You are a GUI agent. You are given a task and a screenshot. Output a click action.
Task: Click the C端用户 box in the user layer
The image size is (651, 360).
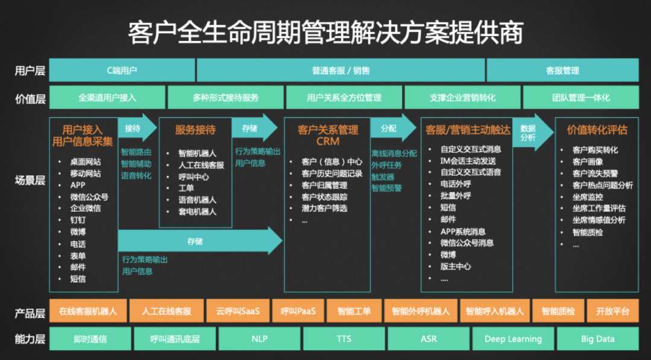(x=122, y=70)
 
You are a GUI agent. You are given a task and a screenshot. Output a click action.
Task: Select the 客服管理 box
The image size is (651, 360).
(x=562, y=70)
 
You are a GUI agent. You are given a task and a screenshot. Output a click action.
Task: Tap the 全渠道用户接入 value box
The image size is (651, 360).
(x=107, y=97)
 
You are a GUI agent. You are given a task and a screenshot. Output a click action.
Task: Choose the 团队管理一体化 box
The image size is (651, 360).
(x=580, y=97)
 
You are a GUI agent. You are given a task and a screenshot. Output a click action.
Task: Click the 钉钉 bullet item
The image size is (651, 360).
(x=78, y=220)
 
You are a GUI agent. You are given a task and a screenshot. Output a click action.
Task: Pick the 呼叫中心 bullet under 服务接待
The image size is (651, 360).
(x=193, y=177)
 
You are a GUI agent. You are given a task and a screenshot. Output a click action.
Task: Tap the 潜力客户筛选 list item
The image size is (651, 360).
(x=324, y=209)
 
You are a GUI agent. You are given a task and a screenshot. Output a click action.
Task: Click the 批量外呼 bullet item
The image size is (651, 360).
(x=456, y=196)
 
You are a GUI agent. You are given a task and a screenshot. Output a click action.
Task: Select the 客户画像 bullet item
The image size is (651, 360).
(x=587, y=162)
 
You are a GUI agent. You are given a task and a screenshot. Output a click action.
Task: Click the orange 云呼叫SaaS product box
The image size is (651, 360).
(x=237, y=311)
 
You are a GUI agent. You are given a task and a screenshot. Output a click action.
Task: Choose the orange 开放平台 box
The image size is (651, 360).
(x=612, y=311)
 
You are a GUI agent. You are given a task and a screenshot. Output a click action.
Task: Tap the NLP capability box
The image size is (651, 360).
(x=259, y=339)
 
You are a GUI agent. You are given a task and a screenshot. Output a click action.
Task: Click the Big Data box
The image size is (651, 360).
(x=597, y=339)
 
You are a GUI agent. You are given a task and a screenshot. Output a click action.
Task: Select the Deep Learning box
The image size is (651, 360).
(x=513, y=339)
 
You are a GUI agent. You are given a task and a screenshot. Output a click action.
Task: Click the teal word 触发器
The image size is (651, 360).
(x=383, y=177)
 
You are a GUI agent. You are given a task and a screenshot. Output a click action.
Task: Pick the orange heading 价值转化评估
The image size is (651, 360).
(x=597, y=130)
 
